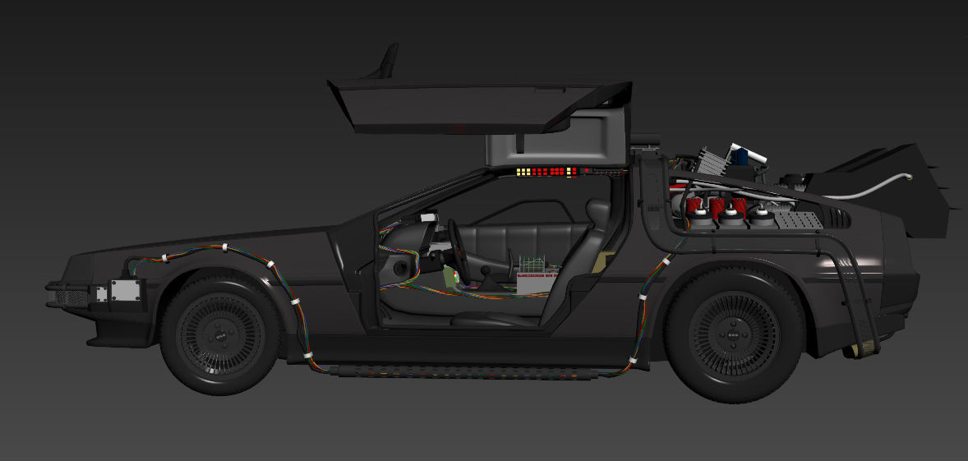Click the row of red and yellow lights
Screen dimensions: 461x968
[546, 172]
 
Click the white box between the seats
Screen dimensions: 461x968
[537, 276]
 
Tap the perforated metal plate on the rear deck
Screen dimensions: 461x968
[797, 219]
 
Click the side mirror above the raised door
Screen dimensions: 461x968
[386, 62]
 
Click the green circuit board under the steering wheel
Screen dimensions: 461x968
[450, 275]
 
